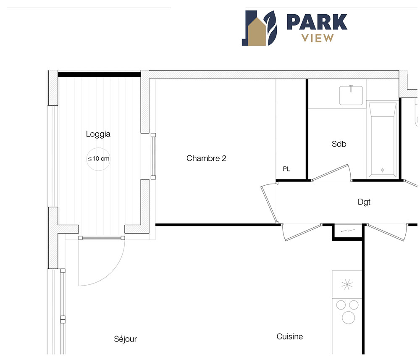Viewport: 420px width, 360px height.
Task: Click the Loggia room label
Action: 98,134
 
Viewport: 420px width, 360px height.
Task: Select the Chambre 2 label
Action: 206,158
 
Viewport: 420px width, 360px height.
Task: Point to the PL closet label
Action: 286,169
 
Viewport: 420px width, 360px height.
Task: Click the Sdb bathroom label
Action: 339,144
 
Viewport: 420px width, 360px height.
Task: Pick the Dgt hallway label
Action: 364,202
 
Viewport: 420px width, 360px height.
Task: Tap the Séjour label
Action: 125,339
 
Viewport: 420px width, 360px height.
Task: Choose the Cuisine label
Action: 289,336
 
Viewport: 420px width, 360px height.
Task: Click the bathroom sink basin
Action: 351,95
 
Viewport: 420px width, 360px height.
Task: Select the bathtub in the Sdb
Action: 383,139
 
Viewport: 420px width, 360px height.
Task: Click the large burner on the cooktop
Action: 348,318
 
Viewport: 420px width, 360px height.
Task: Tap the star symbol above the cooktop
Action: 347,284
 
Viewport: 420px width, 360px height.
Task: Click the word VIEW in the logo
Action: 318,38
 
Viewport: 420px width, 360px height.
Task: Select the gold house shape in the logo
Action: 257,32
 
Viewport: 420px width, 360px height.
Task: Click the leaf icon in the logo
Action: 270,28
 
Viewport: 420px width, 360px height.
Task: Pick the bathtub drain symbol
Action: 383,170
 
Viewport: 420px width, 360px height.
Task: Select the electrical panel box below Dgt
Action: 347,232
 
